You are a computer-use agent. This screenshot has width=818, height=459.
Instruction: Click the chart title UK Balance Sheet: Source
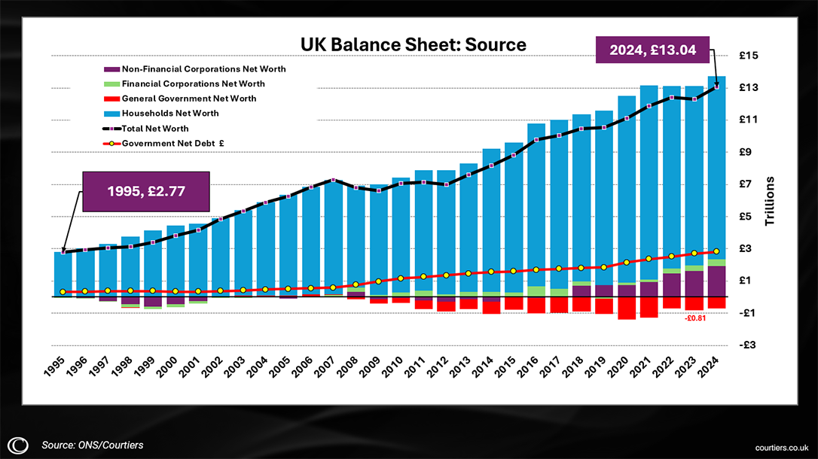[413, 44]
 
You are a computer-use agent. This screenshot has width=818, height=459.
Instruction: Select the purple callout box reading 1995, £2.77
[147, 190]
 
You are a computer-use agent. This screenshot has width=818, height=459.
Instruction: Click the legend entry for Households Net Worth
[170, 113]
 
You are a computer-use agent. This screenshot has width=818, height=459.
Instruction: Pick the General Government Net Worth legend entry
[189, 99]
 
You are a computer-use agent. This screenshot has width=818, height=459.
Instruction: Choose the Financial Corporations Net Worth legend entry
[193, 84]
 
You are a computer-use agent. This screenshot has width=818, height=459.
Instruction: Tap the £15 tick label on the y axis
[748, 56]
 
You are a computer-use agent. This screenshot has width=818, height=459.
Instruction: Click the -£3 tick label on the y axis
[748, 345]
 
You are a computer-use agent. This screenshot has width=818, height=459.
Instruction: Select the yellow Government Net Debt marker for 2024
[717, 251]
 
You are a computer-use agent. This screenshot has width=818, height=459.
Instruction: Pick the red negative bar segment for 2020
[627, 308]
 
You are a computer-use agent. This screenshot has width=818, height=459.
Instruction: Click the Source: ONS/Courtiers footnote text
[92, 445]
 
